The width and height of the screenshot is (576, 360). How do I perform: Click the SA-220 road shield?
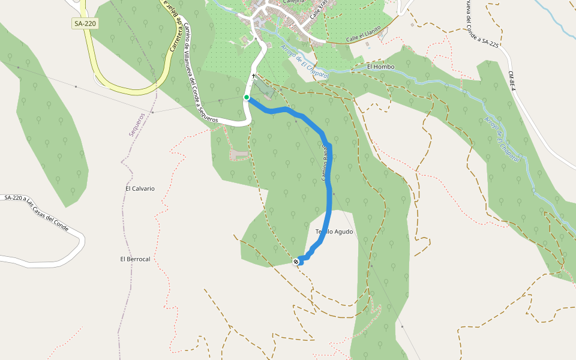click(84, 23)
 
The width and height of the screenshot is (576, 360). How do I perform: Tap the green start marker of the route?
click(246, 97)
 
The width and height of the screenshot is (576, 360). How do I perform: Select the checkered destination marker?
click(296, 262)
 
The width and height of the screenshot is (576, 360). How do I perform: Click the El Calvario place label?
click(140, 188)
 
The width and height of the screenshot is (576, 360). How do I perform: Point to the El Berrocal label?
click(135, 259)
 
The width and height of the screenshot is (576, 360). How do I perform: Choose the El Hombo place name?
click(381, 67)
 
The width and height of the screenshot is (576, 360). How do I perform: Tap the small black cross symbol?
click(254, 76)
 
